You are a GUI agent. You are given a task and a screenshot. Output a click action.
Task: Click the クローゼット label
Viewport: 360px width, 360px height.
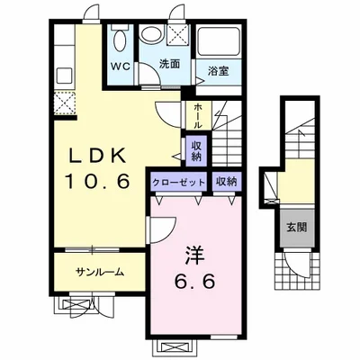(x=180, y=182)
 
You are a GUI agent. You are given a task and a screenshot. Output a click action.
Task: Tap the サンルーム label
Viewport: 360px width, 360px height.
(x=100, y=272)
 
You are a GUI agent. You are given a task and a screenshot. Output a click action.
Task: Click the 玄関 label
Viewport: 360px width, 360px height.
(x=297, y=227)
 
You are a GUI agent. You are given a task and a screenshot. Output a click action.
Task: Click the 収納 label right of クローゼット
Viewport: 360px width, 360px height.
(x=226, y=182)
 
